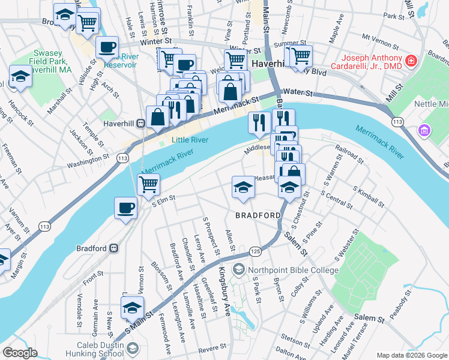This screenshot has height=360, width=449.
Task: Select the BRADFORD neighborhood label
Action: click(x=258, y=215)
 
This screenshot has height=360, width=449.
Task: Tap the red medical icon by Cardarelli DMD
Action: click(x=411, y=61)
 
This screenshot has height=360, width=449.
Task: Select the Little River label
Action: click(x=190, y=140)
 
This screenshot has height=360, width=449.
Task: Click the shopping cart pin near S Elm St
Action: click(x=148, y=185)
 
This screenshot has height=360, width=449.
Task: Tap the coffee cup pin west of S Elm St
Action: click(x=125, y=208)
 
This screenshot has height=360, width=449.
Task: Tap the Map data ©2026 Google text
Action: click(x=411, y=355)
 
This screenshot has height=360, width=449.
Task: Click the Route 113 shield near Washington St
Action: click(x=122, y=158)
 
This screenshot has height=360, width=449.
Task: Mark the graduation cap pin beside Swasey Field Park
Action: click(x=20, y=76)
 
